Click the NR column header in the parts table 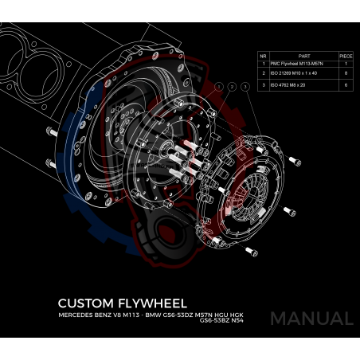tap(263, 57)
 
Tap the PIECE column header tap(346, 57)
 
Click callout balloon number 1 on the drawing tap(218, 86)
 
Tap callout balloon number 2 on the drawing tap(232, 86)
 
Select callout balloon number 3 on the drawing tap(245, 86)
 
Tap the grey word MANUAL tap(311, 319)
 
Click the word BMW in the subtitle tap(152, 315)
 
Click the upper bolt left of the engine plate tap(49, 131)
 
